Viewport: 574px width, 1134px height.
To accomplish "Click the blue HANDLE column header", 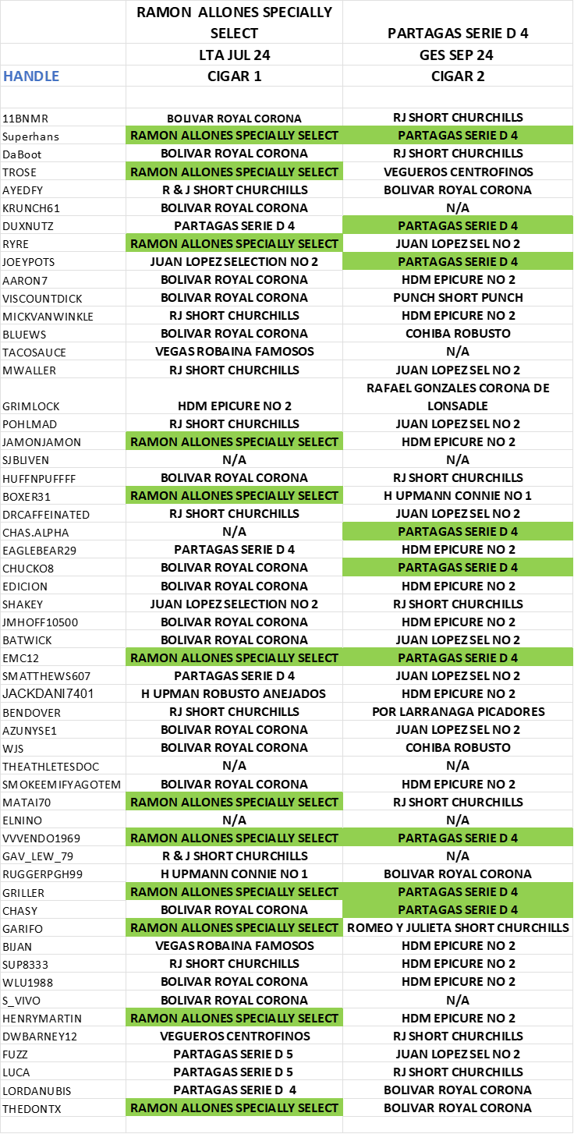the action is [x=31, y=76].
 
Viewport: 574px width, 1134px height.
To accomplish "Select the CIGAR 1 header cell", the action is [x=235, y=76].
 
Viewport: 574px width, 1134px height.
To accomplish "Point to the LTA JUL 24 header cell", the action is [x=235, y=55].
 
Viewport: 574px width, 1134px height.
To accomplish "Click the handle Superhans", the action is [x=30, y=136].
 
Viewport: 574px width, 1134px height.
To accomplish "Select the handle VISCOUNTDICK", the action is [x=42, y=299].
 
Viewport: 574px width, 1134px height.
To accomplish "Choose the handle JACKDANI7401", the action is [x=48, y=693].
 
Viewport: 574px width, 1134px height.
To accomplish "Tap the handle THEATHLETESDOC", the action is [x=51, y=767].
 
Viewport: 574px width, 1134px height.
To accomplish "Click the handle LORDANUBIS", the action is [x=37, y=1091].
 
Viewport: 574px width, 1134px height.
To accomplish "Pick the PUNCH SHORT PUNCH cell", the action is [x=458, y=298].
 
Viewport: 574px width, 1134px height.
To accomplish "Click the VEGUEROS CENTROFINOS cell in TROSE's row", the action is [x=458, y=172].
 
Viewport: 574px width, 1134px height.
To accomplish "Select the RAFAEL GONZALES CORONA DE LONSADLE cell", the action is [x=458, y=397].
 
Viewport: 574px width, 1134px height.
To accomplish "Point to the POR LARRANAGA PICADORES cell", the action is [x=459, y=712].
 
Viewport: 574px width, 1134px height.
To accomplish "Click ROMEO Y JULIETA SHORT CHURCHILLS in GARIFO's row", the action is [x=458, y=927].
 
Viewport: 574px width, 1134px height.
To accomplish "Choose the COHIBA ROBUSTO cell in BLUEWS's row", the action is [x=458, y=334].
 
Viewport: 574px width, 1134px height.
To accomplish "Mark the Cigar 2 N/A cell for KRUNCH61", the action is [x=458, y=207].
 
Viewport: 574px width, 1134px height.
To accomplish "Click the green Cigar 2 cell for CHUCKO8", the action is [x=458, y=568].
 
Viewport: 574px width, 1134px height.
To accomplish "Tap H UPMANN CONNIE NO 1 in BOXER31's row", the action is [x=458, y=495].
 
